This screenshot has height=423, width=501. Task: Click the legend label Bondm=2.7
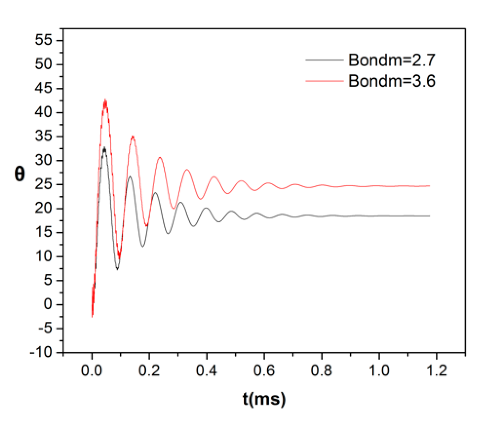391,60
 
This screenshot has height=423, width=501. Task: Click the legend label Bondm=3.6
391,81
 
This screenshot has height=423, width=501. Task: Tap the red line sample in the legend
324,81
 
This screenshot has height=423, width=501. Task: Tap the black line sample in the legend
324,60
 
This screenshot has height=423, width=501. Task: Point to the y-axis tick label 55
44,40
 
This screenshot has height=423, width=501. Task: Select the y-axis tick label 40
44,112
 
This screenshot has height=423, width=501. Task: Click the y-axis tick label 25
44,185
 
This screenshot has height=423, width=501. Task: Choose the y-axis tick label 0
48,304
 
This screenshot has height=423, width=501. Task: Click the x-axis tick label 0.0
92,370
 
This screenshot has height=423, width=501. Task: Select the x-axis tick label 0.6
264,370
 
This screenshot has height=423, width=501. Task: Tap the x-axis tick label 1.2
436,370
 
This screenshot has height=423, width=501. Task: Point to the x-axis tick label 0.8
321,370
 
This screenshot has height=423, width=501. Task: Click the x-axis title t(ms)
264,399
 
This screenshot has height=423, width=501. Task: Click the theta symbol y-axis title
20,174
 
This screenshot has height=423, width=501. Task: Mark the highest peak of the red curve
105,100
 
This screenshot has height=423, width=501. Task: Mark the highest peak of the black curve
104,148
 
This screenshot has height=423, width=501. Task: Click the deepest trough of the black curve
117,269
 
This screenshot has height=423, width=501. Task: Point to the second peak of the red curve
133,136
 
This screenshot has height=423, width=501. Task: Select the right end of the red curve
429,186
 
